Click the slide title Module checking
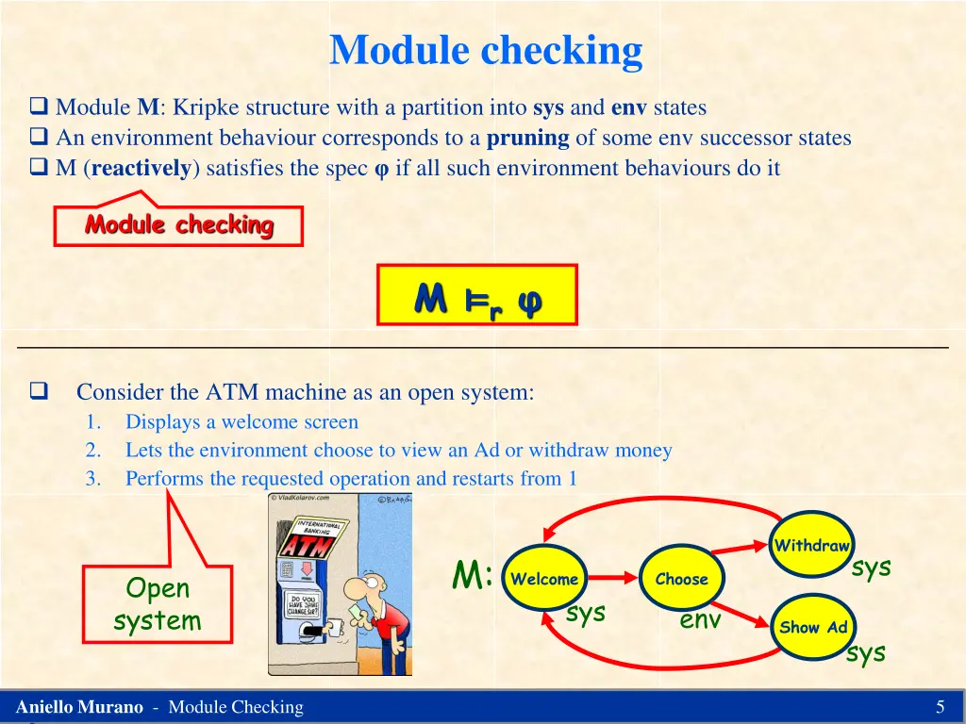click(x=486, y=50)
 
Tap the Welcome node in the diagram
click(x=544, y=579)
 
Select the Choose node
click(x=681, y=579)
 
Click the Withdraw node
click(x=811, y=545)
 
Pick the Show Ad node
click(x=813, y=627)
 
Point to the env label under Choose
click(x=700, y=619)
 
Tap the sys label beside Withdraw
click(x=871, y=568)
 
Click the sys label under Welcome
click(x=586, y=613)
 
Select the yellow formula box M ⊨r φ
click(x=476, y=295)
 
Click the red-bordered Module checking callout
click(x=178, y=225)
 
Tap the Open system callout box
click(x=158, y=604)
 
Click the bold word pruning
click(x=527, y=138)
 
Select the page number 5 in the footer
click(x=940, y=707)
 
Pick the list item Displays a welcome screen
click(x=241, y=421)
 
